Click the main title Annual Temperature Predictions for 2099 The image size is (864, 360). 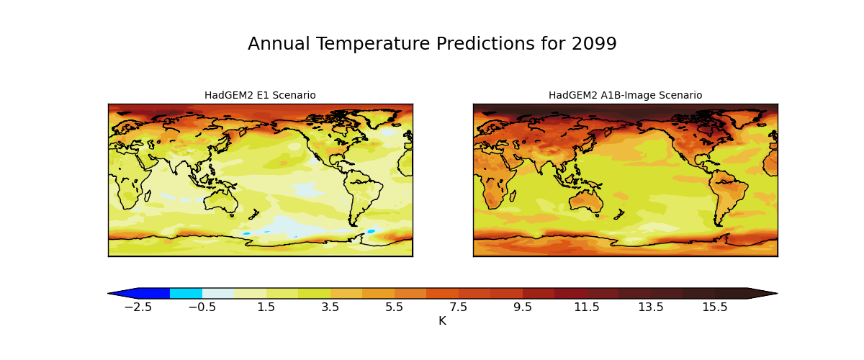coord(432,44)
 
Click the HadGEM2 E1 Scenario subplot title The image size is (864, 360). coord(260,95)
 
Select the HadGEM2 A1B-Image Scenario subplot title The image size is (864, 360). coord(625,95)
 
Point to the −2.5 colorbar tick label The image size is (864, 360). coord(138,307)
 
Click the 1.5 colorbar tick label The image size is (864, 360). coord(266,307)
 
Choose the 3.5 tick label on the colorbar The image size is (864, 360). coord(330,307)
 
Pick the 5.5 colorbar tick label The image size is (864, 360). coord(395,307)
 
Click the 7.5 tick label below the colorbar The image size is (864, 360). coord(459,307)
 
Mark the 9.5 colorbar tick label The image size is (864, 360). coord(523,307)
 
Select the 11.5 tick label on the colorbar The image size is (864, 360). coord(587,307)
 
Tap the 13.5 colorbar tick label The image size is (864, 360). coord(651,307)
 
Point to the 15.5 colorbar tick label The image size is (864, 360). coord(715,307)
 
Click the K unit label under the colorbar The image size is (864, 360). coord(442,321)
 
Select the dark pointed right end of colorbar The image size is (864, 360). coord(762,293)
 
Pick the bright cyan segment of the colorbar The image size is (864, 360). coord(186,293)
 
